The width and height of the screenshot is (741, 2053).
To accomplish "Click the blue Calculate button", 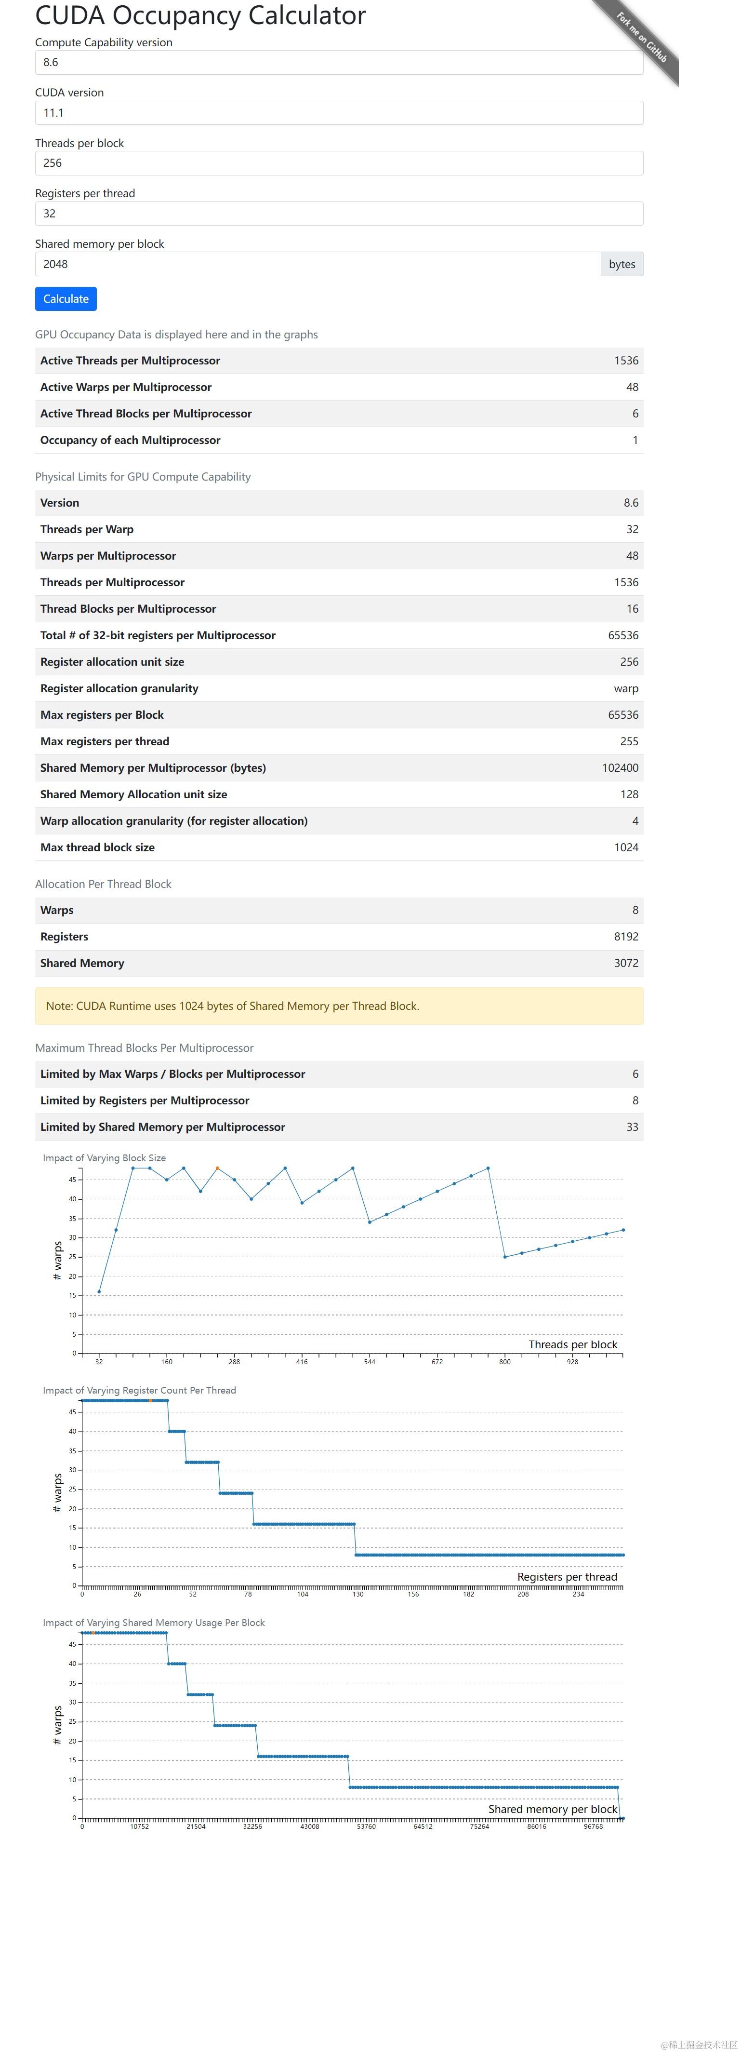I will click(66, 299).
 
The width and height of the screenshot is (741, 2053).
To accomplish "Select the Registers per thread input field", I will click(339, 214).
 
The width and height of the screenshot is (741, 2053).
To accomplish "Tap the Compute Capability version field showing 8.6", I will click(339, 62).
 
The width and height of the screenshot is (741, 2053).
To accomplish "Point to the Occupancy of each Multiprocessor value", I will click(635, 440).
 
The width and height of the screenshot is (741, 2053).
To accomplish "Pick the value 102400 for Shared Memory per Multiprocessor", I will click(620, 767).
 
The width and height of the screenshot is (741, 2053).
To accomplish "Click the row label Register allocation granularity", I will click(119, 688).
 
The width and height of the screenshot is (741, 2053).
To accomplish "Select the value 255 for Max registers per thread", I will click(629, 741).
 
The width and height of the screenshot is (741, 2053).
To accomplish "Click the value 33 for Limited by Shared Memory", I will click(632, 1127).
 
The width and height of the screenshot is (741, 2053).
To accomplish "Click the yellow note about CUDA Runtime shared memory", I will click(339, 1006).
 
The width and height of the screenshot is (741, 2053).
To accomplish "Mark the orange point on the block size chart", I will click(217, 1168).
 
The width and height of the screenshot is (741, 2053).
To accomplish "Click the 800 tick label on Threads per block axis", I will click(504, 1361).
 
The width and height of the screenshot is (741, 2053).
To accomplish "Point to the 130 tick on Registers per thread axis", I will click(358, 1594).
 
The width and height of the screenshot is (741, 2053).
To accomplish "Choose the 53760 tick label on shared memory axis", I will click(366, 1826).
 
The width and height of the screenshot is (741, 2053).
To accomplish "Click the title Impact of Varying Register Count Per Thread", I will click(139, 1390).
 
